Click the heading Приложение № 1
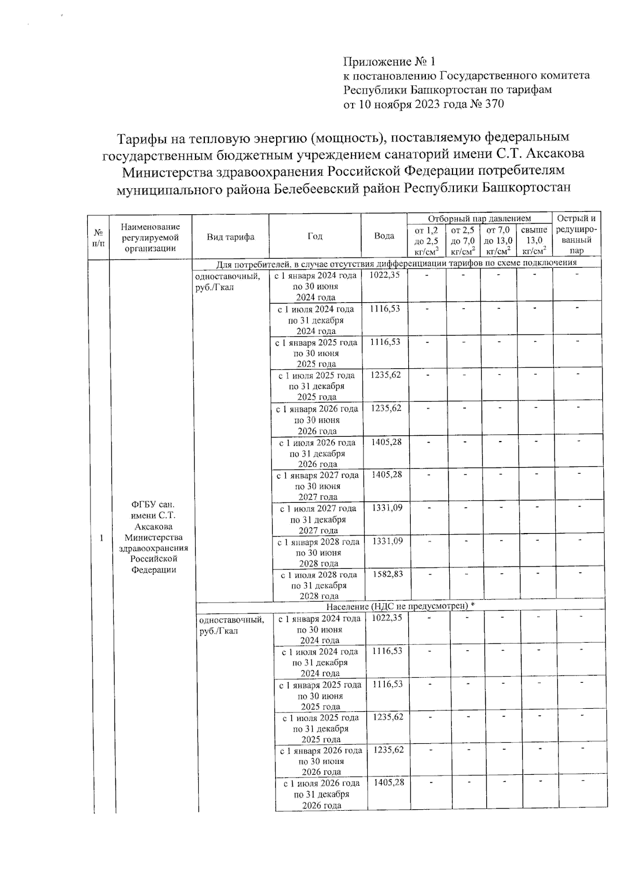[388, 62]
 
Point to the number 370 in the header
[493, 104]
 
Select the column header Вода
[384, 236]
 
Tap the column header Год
[315, 236]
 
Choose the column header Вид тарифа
[230, 237]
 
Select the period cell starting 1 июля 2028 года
[319, 585]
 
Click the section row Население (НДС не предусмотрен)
[400, 606]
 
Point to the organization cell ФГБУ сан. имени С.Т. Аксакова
[153, 537]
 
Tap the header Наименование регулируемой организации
[150, 237]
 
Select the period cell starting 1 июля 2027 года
[318, 519]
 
